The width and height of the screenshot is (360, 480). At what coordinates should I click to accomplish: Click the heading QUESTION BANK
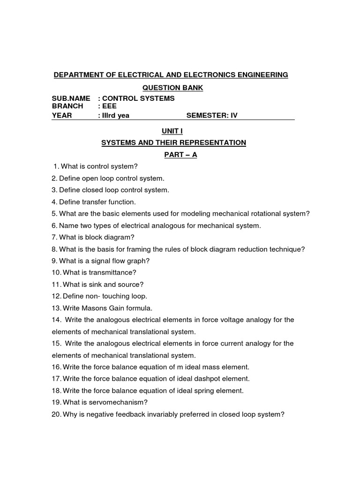point(173,88)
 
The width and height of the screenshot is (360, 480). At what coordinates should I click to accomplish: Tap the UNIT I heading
point(173,132)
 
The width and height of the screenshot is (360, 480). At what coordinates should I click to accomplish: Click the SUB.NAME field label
point(71,98)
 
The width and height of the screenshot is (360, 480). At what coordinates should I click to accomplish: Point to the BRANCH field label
point(67,106)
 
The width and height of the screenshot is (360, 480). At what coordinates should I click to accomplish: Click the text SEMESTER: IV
point(212,115)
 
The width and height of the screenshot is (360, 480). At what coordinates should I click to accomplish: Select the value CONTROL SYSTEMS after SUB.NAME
point(138,98)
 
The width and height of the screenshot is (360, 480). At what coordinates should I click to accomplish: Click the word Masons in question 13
point(92,308)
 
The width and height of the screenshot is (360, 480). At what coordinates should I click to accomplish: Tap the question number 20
point(56,414)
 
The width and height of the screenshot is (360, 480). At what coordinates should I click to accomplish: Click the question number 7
point(54,237)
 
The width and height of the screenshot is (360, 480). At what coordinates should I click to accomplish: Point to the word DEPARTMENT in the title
point(77,75)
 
